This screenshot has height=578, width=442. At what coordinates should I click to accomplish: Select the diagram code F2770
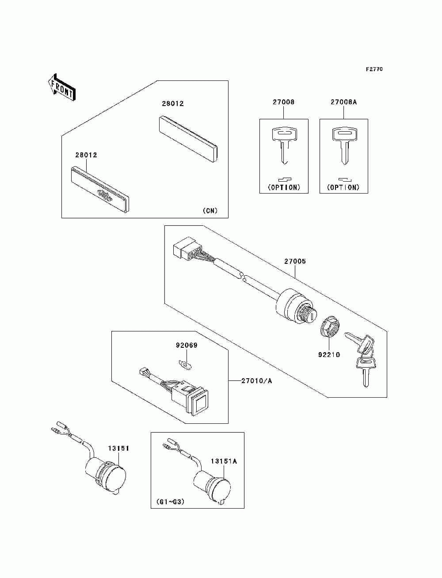(374, 69)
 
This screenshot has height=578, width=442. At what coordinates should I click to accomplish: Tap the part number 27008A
(343, 102)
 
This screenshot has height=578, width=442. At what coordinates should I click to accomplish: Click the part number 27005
(295, 261)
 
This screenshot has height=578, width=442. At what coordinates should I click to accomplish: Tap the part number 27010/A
(256, 380)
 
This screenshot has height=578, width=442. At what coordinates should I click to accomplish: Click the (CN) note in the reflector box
(210, 211)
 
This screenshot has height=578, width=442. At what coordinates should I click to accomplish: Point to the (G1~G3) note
(170, 502)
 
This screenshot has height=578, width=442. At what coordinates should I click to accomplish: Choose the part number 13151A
(224, 461)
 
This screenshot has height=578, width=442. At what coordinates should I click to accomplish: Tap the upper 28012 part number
(173, 104)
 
